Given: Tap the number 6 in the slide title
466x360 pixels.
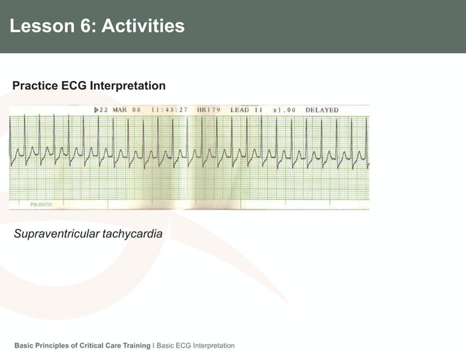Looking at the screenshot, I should point(84,27).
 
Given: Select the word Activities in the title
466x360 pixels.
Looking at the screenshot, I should point(143,27).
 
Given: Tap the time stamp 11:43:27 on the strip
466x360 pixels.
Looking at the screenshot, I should point(169,110).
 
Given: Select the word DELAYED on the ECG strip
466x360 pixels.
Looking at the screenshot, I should point(321,110).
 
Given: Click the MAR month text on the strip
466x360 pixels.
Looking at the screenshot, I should point(120,110).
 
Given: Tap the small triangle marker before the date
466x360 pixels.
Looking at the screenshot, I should point(96,110).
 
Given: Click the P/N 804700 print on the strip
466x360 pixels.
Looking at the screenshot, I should point(41,205).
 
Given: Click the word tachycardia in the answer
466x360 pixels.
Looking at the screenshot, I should point(133,234).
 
